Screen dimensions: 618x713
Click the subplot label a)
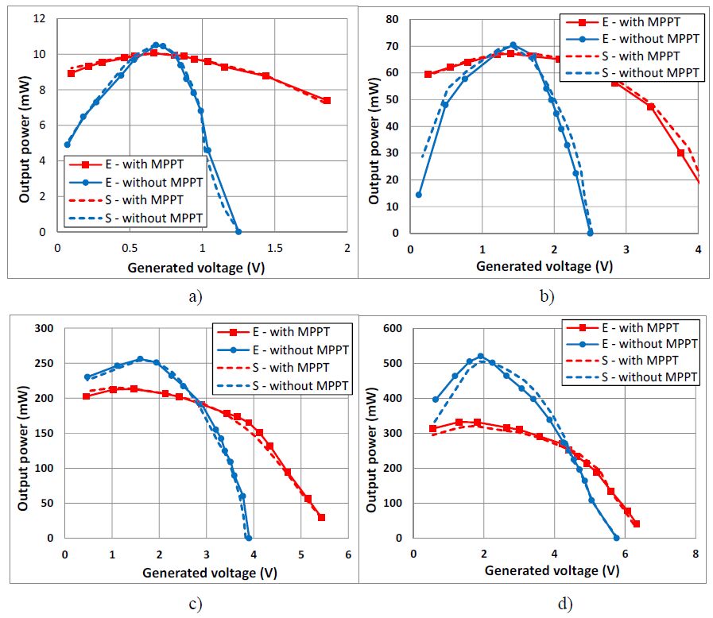click(195, 297)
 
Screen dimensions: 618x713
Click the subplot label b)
click(547, 297)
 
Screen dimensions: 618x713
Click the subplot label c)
click(195, 604)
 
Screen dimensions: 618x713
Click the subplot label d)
click(564, 604)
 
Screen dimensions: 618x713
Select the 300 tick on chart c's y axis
click(45, 328)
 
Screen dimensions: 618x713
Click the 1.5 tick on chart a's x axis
click(274, 249)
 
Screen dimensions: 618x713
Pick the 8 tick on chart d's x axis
click(696, 553)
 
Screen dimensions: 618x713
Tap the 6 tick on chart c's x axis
click(347, 553)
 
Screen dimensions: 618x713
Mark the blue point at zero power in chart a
click(238, 232)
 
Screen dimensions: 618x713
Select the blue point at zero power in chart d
click(616, 538)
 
